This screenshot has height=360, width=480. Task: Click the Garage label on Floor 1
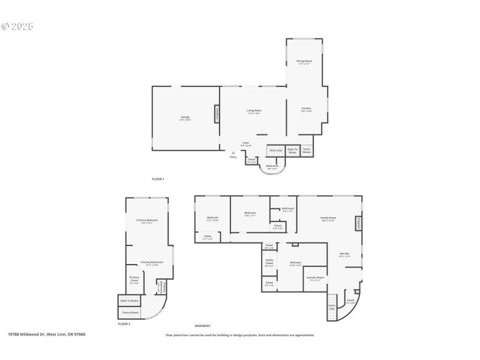click(185, 118)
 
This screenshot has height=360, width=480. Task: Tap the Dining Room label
click(304, 62)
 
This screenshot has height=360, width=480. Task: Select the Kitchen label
click(306, 110)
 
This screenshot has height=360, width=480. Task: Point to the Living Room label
click(254, 111)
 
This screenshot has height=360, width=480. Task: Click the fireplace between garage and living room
click(217, 113)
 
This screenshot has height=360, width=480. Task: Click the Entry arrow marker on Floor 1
click(232, 153)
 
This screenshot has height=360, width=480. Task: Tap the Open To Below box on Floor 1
click(293, 151)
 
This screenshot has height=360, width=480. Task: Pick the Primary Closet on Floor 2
click(134, 279)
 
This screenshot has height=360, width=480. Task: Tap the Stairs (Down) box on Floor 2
click(130, 312)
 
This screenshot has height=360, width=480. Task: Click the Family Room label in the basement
click(328, 219)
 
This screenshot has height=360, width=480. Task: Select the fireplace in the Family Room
click(359, 223)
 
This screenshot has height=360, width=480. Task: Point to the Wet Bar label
click(344, 254)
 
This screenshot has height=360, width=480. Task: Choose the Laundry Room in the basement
click(315, 278)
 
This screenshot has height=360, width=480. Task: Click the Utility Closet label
click(269, 263)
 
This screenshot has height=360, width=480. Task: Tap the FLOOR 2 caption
click(124, 324)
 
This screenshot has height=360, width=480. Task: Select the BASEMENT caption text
click(202, 325)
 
